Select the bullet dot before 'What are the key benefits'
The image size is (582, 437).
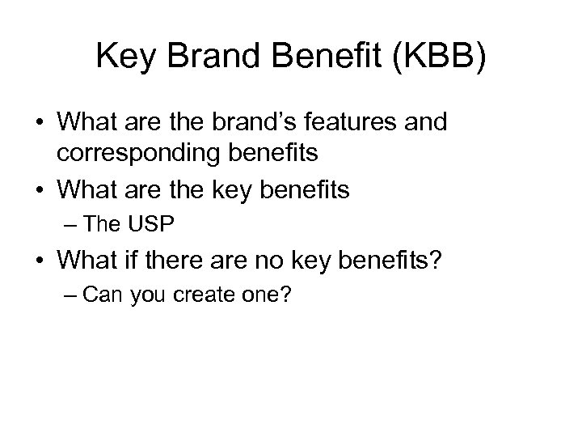coord(40,190)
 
